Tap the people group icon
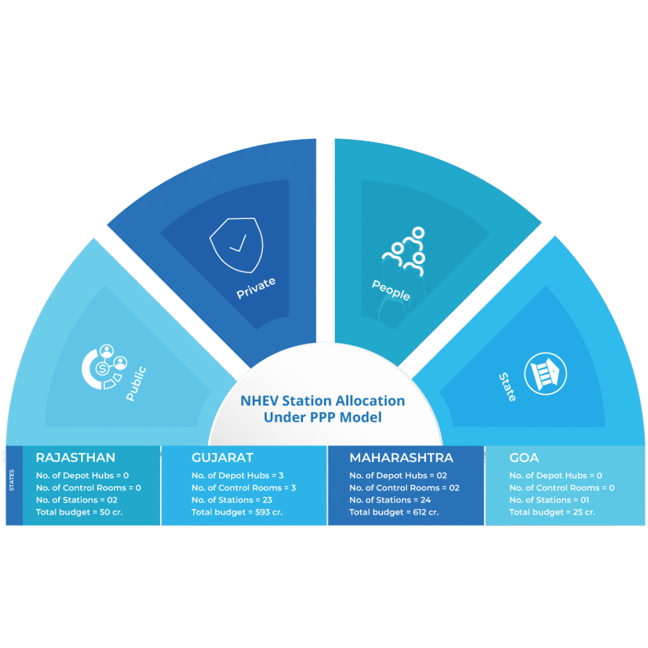[403, 251]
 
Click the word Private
[256, 288]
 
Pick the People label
[390, 290]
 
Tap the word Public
[136, 383]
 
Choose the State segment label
[508, 387]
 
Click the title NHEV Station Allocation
[323, 401]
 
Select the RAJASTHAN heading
[75, 458]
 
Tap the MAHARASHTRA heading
[401, 458]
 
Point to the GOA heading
[524, 458]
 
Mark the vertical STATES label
[13, 480]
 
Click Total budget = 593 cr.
[237, 512]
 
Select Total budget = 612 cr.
[394, 512]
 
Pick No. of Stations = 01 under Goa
[549, 500]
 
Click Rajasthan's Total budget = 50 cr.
[79, 512]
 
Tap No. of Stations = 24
[390, 500]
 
